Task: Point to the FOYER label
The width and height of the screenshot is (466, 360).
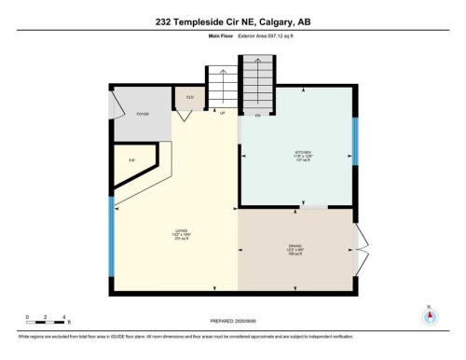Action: pyautogui.click(x=143, y=114)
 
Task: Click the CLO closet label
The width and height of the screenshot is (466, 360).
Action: pyautogui.click(x=189, y=96)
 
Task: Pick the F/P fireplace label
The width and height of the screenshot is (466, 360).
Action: pyautogui.click(x=131, y=160)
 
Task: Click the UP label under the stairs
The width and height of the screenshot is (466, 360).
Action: pyautogui.click(x=222, y=114)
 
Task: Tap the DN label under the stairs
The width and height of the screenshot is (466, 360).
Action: pyautogui.click(x=257, y=114)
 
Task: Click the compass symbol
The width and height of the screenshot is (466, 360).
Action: pyautogui.click(x=430, y=314)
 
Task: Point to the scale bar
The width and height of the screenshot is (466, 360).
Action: pyautogui.click(x=45, y=320)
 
